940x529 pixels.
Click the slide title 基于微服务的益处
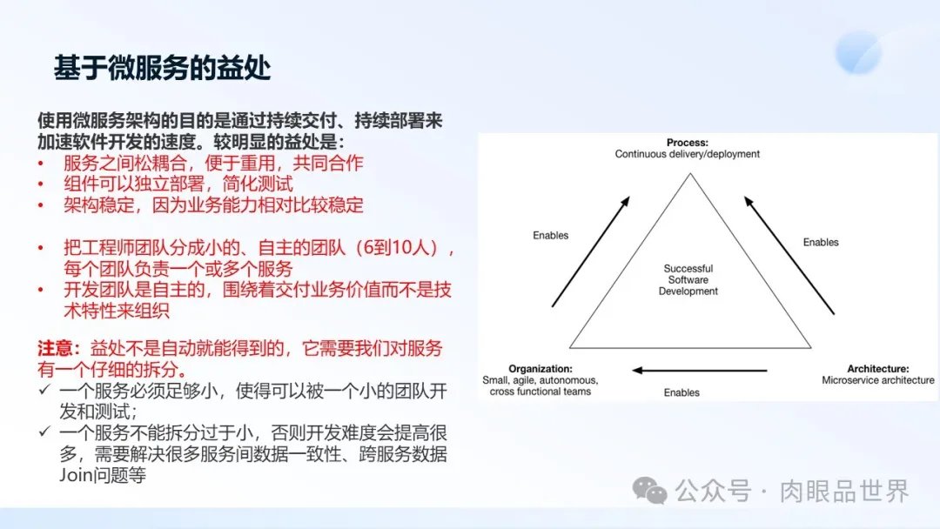click(x=163, y=68)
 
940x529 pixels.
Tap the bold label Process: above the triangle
click(x=687, y=143)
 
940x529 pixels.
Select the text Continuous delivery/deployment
click(x=687, y=154)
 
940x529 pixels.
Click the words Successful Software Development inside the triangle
click(x=688, y=280)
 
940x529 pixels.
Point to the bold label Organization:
click(x=540, y=369)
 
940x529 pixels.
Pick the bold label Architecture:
click(x=877, y=369)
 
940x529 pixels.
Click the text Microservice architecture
click(x=877, y=380)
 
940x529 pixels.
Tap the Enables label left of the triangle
click(x=550, y=236)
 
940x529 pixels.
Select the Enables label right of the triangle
click(x=821, y=242)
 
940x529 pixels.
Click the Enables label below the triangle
click(x=681, y=392)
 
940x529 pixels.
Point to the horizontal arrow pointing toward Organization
click(x=700, y=371)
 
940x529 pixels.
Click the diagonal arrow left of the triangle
click(x=590, y=251)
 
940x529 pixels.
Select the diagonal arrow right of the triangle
click(x=789, y=255)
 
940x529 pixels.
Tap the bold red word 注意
click(x=55, y=348)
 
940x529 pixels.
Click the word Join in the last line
click(x=76, y=476)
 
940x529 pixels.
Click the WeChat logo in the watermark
click(x=649, y=491)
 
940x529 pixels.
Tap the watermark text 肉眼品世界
click(x=844, y=492)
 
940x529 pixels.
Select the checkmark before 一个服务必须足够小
click(x=44, y=390)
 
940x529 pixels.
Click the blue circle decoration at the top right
click(x=859, y=53)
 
